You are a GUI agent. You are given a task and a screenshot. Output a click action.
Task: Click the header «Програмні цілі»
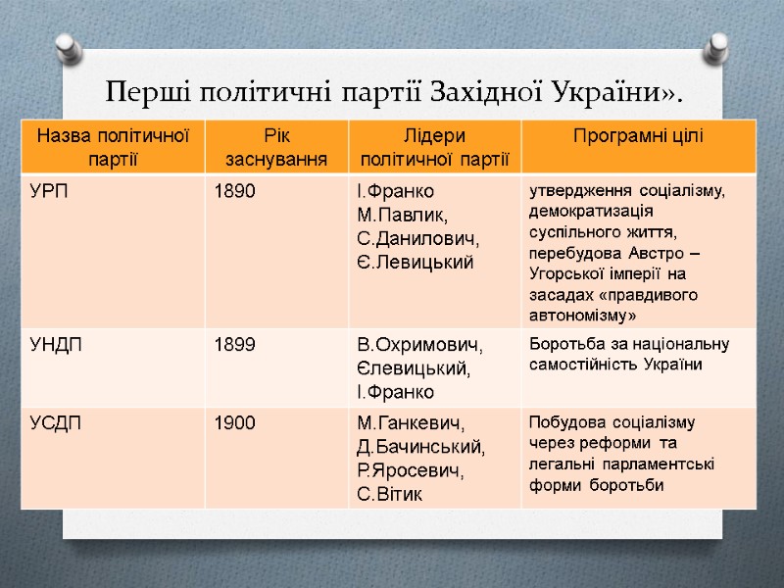point(638,136)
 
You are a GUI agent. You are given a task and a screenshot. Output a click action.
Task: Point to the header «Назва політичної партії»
point(112,146)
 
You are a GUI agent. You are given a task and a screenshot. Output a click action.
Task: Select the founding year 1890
point(235,191)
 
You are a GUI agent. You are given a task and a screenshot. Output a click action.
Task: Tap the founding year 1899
point(235,344)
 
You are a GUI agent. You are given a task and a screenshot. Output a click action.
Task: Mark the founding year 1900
point(235,422)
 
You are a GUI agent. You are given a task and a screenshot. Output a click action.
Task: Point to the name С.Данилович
point(416,238)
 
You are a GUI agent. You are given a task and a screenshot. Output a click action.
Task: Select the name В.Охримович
point(419,345)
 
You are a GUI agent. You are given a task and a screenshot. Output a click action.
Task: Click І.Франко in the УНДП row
point(395,392)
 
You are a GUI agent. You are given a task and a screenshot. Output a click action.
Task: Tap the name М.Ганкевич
point(412,423)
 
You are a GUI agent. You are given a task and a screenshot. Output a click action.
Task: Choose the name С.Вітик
point(390,494)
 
